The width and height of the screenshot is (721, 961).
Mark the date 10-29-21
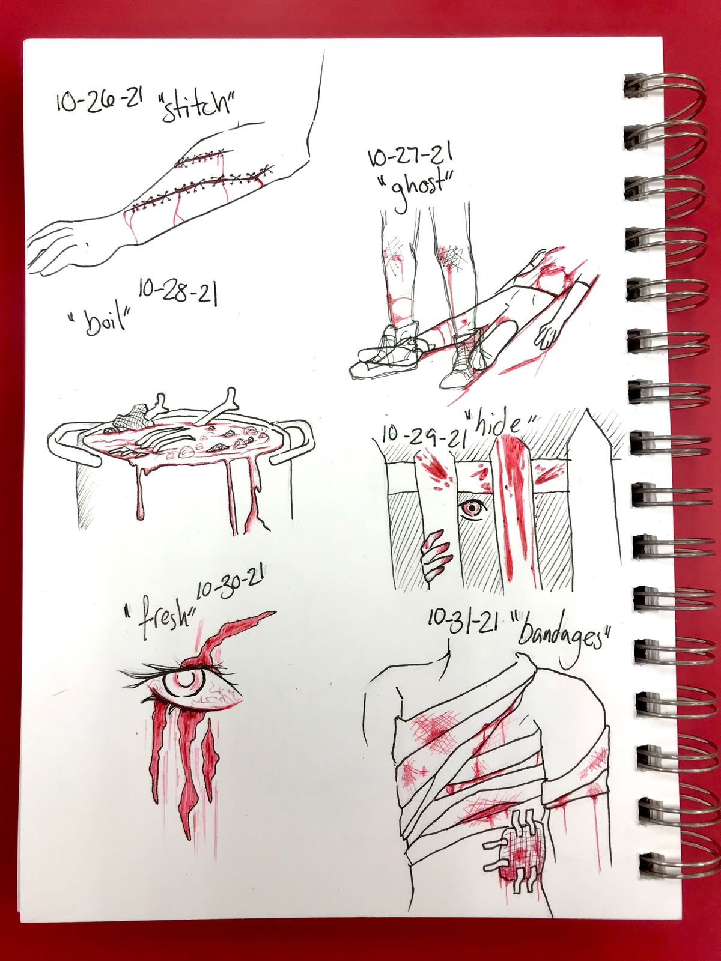click(x=422, y=435)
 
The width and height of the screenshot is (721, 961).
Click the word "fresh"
click(x=162, y=621)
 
